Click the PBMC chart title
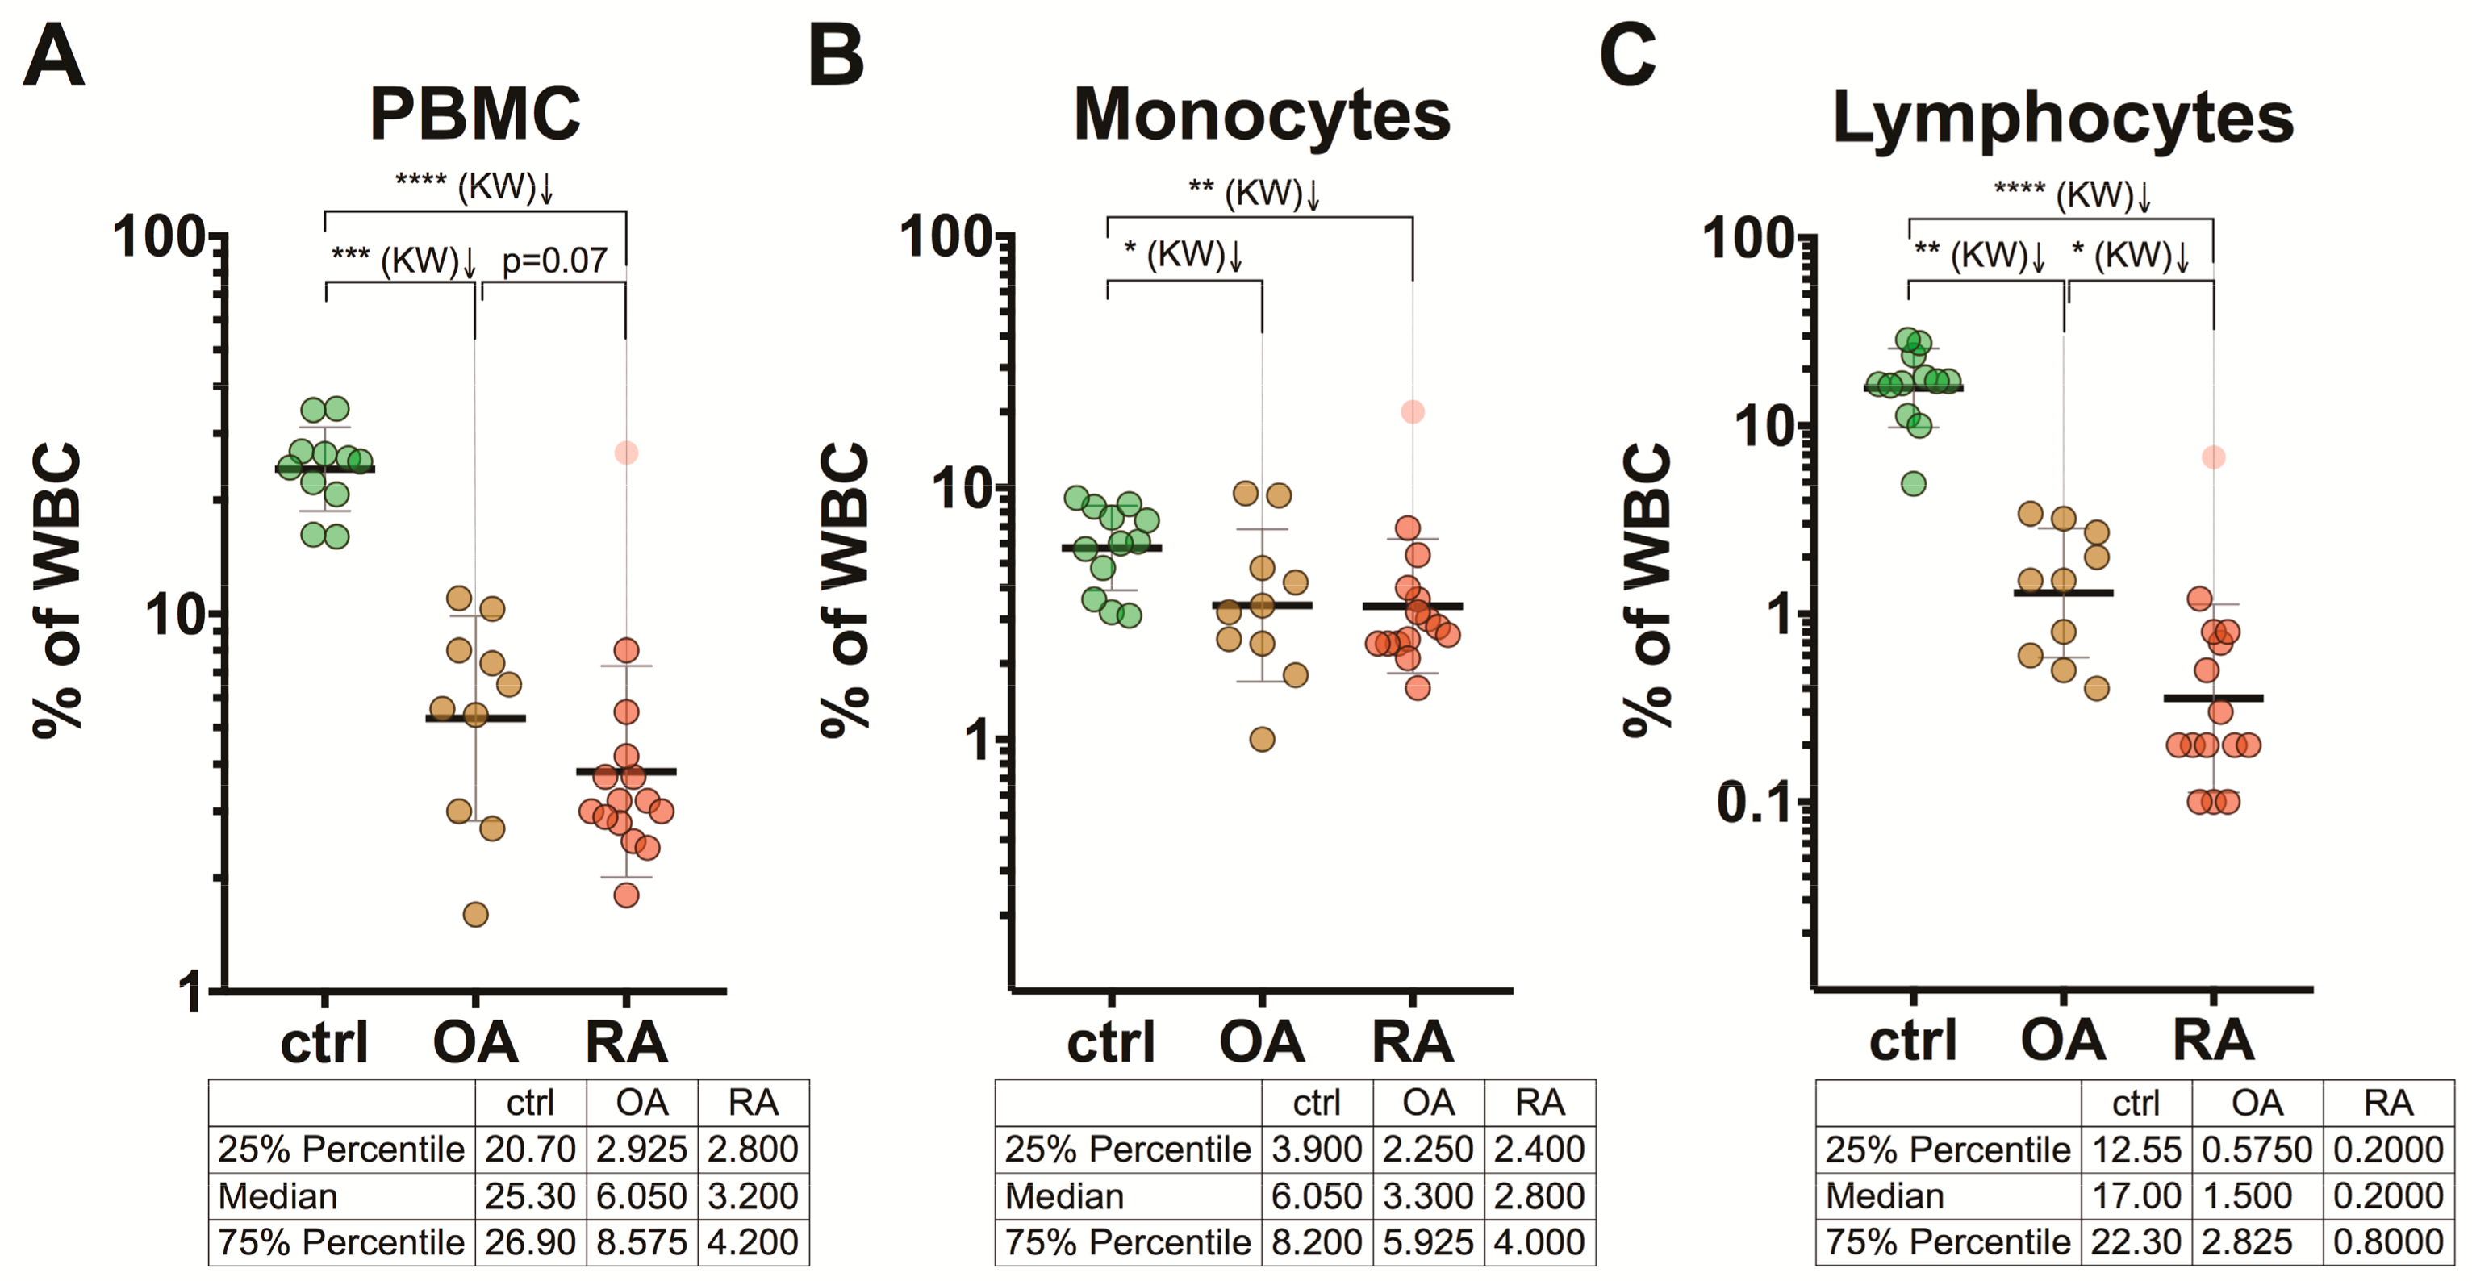475,113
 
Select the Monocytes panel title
1261,115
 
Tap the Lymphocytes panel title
2062,117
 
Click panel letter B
836,56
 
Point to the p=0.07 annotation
554,260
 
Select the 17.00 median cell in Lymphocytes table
2136,1195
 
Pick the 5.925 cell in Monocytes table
1428,1241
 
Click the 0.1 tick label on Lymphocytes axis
1755,802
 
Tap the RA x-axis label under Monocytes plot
1413,1042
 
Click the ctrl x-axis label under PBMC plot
324,1042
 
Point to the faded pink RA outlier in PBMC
626,452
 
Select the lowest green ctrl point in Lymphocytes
1914,484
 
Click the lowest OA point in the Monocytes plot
1262,739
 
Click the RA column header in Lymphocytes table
2387,1103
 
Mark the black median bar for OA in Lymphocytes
2063,593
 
